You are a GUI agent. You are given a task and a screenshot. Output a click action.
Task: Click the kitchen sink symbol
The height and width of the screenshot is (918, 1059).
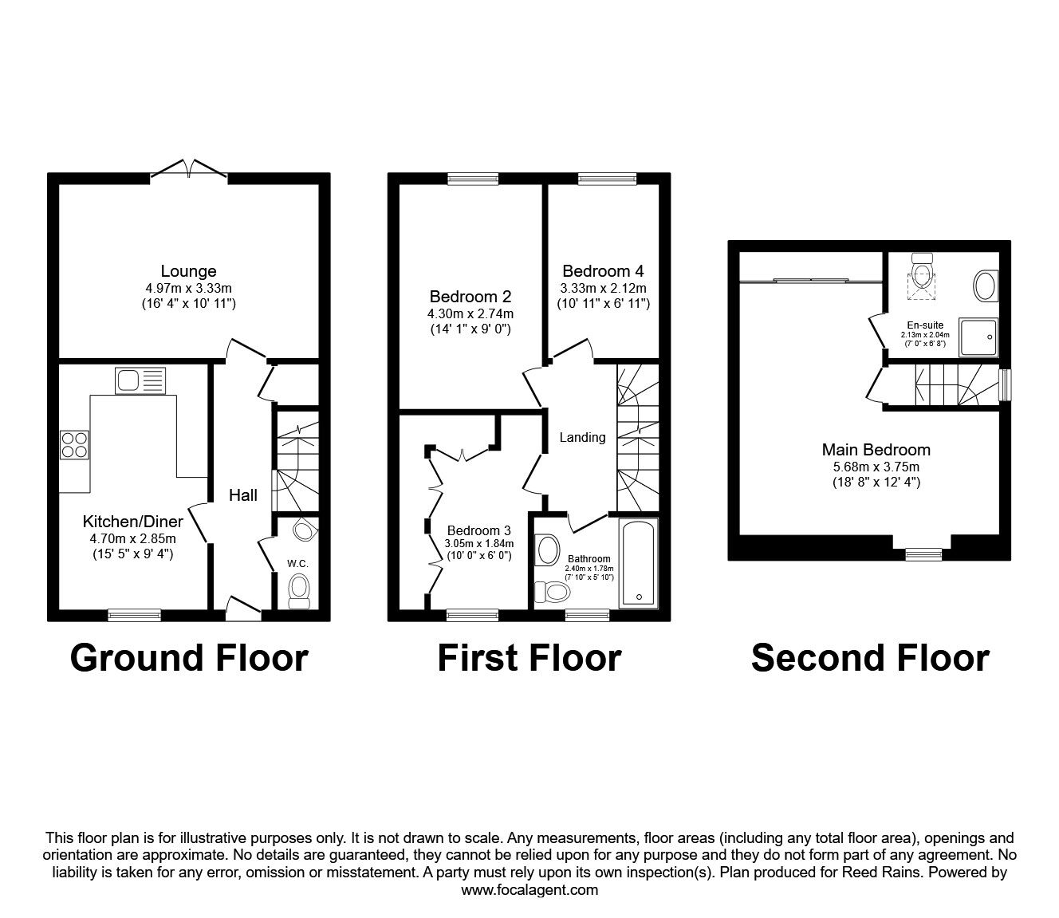coord(140,380)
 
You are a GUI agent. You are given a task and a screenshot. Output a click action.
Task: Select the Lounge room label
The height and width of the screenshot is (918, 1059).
coord(188,271)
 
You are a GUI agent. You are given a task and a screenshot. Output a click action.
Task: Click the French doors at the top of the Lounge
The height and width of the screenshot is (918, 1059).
coord(189,168)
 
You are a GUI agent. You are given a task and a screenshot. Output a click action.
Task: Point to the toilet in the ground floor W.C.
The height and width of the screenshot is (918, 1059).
coord(300,589)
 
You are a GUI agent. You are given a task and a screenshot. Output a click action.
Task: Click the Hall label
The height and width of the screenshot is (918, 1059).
coord(243,495)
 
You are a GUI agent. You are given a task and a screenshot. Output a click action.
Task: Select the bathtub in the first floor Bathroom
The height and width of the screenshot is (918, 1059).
coord(639,563)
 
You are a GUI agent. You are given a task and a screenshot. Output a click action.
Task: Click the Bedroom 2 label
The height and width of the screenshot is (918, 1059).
coord(470,297)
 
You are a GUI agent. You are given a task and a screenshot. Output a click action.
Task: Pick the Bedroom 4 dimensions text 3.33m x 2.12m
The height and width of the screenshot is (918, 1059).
coord(603,288)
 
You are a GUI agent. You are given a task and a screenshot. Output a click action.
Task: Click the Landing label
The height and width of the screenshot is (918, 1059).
coord(582,437)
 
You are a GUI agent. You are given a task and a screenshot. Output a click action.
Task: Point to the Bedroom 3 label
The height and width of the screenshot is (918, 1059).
coord(478,530)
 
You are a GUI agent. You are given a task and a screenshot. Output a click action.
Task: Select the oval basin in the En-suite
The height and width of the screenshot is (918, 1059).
coord(986,286)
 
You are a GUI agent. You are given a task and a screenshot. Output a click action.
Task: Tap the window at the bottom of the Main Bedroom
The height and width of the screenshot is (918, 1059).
coord(923,554)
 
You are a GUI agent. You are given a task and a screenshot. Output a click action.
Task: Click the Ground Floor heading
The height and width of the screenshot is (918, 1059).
coord(189,658)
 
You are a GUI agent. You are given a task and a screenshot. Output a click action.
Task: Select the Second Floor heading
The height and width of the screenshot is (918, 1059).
coord(870,658)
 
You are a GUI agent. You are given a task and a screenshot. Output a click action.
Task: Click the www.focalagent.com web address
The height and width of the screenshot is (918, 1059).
coord(529,890)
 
